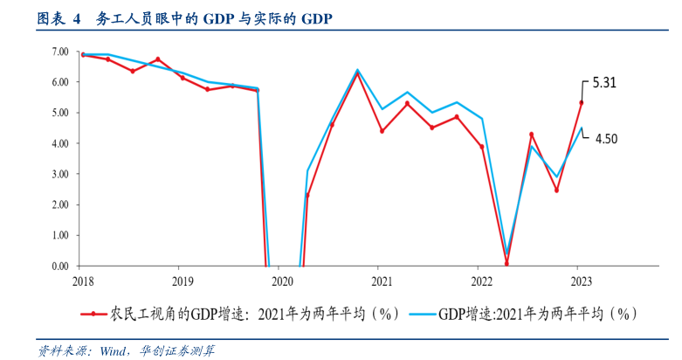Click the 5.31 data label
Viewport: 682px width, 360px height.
tap(604, 84)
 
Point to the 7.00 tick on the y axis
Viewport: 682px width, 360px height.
tap(60, 52)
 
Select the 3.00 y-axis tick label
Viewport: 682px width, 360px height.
tap(60, 174)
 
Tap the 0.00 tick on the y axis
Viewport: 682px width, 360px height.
tap(60, 266)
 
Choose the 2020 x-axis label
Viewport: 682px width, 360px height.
tap(282, 280)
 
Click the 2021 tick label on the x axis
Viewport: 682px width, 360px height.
tap(381, 280)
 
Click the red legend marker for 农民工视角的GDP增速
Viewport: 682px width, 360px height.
tap(93, 313)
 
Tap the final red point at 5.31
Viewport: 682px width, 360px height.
tap(582, 102)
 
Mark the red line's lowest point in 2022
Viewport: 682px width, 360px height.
tap(506, 263)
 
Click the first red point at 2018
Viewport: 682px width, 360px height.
tap(83, 54)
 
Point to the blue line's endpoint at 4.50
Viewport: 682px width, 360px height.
tap(582, 128)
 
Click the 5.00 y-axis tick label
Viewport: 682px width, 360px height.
tap(60, 113)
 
